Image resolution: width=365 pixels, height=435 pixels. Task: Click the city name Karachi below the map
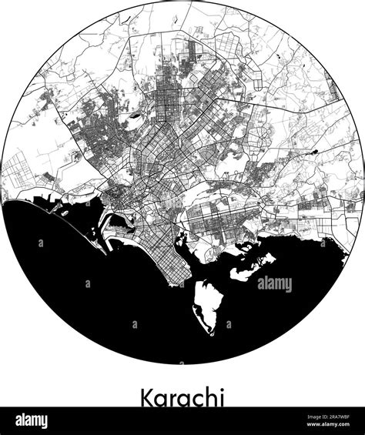(182, 397)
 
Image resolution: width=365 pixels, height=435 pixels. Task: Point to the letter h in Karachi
(207, 397)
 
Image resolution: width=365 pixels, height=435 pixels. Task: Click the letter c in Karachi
(193, 400)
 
